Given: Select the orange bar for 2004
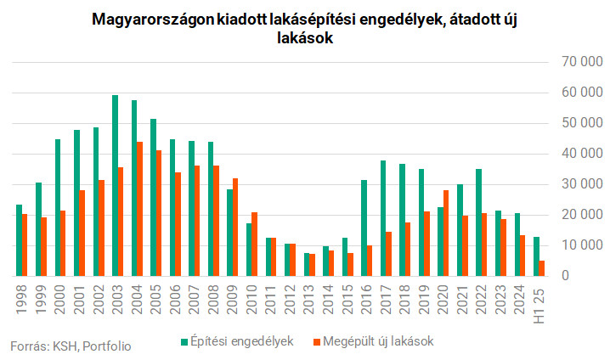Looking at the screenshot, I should (140, 209).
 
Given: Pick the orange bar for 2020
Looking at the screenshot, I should (446, 233).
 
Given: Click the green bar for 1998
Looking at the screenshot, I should (19, 240).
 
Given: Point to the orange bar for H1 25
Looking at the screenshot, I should (541, 267).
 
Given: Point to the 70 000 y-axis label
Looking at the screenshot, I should (571, 62).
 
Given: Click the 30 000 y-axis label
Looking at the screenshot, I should (571, 184).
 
